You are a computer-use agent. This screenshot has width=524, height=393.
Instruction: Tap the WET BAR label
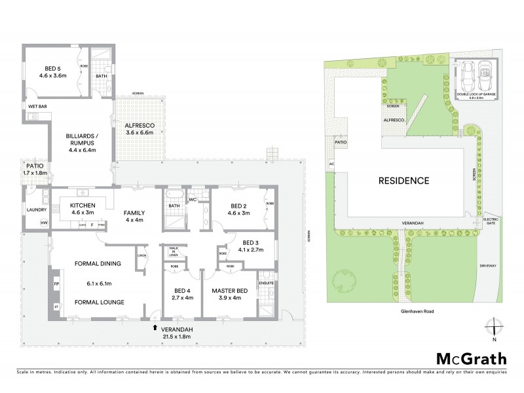pos(37,105)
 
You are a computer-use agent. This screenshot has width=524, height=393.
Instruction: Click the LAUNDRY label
pos(35,210)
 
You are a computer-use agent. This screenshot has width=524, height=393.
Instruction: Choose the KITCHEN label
pos(83,209)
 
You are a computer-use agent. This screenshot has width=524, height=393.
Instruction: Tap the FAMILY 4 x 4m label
pos(135,216)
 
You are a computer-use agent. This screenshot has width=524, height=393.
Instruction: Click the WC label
pos(194,199)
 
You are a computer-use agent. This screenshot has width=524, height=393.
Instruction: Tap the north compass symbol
pos(495,327)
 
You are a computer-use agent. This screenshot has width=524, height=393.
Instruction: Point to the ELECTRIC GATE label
pos(491,221)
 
